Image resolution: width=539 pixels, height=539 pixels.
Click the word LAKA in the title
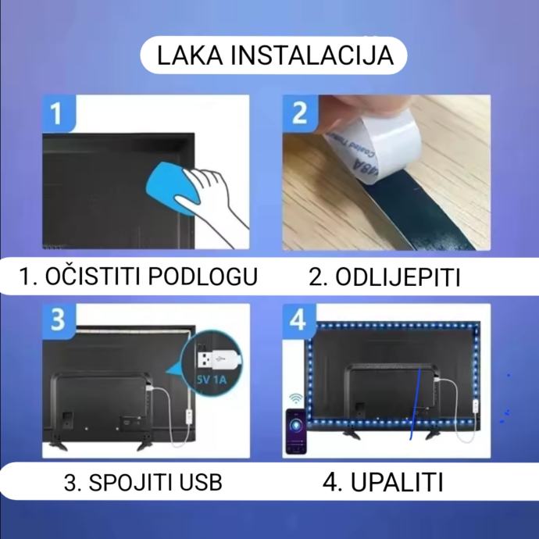pyautogui.click(x=190, y=55)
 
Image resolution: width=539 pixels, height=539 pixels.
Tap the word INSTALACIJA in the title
pyautogui.click(x=312, y=55)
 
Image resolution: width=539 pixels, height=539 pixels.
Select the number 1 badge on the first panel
pyautogui.click(x=58, y=113)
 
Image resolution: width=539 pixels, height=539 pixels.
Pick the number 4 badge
pyautogui.click(x=298, y=320)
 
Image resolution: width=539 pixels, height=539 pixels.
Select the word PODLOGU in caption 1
pyautogui.click(x=203, y=276)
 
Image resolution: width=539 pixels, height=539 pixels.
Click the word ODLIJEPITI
pyautogui.click(x=398, y=277)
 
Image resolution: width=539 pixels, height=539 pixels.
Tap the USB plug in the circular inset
pyautogui.click(x=218, y=359)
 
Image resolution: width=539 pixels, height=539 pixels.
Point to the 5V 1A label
pyautogui.click(x=212, y=380)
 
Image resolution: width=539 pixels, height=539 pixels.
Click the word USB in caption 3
pyautogui.click(x=201, y=482)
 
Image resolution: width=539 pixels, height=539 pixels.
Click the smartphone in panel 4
pyautogui.click(x=296, y=431)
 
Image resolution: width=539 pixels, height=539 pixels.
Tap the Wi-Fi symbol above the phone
pyautogui.click(x=296, y=398)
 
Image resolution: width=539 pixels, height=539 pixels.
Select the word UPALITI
pyautogui.click(x=397, y=482)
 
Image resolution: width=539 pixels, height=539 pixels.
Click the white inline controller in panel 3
pyautogui.click(x=189, y=416)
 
